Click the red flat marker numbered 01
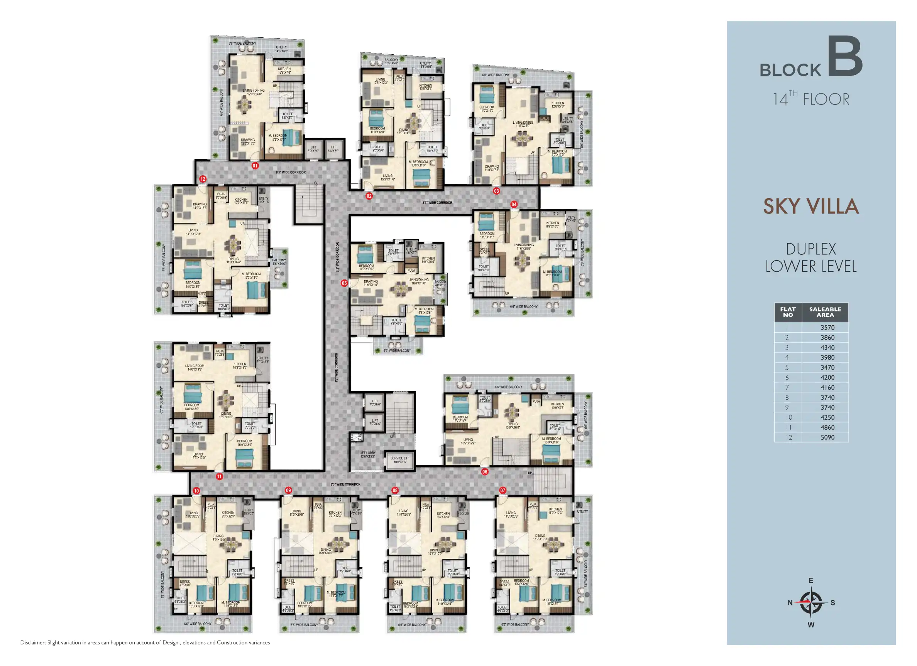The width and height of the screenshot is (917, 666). pos(255,166)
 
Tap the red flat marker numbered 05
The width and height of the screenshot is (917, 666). pos(344,283)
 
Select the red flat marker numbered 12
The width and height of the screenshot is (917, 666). pos(203,179)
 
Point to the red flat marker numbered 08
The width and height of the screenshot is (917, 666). pos(395,490)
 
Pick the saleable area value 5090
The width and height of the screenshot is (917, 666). pos(827,437)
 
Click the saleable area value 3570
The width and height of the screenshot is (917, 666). pos(827,328)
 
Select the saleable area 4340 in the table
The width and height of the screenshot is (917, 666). pos(827,348)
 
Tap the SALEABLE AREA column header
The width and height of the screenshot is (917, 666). pos(825,312)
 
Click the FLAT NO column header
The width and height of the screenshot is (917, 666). pos(788,312)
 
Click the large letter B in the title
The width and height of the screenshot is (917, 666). pos(845,57)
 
